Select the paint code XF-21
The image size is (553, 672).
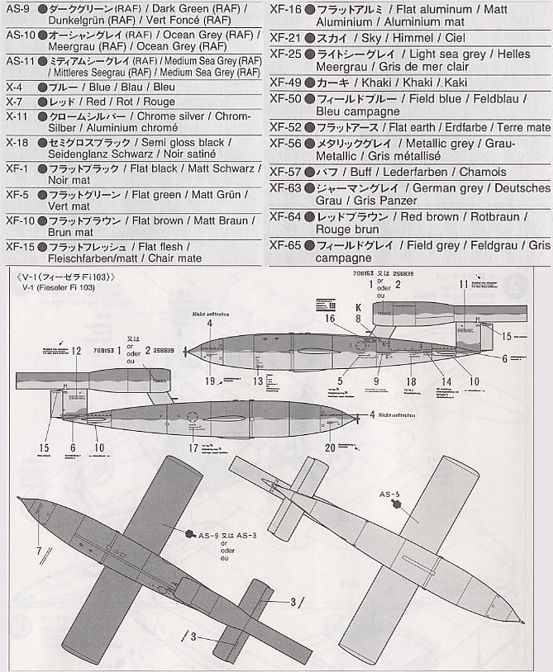point(286,38)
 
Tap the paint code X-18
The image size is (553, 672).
point(17,142)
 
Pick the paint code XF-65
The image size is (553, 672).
point(286,245)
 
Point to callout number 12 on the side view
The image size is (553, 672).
point(76,351)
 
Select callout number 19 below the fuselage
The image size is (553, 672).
point(211,380)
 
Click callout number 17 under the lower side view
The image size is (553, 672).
point(193,448)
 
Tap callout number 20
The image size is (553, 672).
point(331,447)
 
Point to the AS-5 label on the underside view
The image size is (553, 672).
point(390,495)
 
